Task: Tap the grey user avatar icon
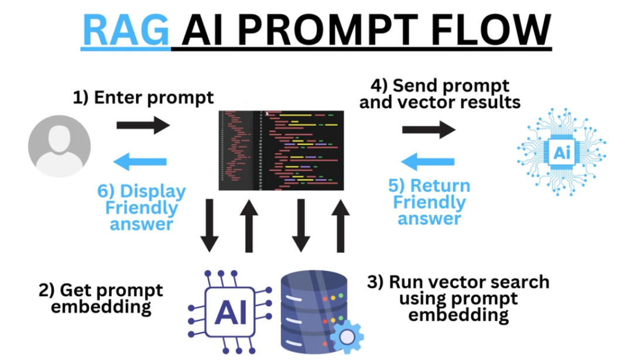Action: (x=59, y=146)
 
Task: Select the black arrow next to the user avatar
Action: (x=143, y=125)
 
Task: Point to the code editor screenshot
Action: (x=281, y=149)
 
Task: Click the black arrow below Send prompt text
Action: (x=429, y=129)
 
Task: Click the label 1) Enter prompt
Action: (x=143, y=97)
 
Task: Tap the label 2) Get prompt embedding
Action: (x=101, y=298)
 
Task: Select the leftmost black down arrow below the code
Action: (x=209, y=226)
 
